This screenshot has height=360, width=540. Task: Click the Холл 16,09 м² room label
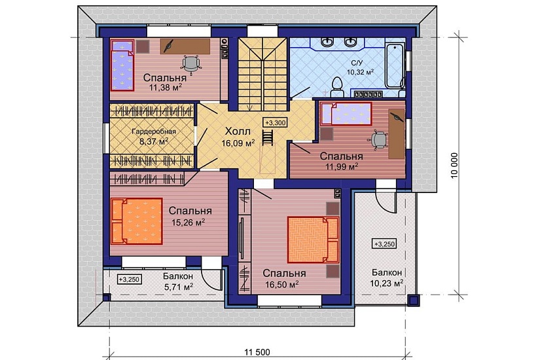tap(238, 137)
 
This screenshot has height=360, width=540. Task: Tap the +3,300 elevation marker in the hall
tap(276, 122)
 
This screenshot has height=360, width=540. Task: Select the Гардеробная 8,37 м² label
tap(154, 136)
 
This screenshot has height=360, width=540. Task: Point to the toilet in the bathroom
tap(336, 88)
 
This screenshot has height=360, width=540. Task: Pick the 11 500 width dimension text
tap(257, 352)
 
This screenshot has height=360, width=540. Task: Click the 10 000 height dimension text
tap(455, 165)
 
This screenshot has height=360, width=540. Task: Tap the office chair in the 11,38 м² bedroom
tap(190, 64)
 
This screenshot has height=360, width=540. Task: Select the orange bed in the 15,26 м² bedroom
tap(137, 221)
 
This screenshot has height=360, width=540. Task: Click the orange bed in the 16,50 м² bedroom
tap(314, 240)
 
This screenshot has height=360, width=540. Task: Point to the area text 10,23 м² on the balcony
tap(387, 283)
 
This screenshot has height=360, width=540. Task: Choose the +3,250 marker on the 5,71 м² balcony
tap(129, 279)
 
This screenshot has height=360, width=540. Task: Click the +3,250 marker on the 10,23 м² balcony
tap(384, 244)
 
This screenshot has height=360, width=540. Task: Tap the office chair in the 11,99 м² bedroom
tap(378, 140)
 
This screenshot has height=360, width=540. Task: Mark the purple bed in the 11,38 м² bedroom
tap(122, 65)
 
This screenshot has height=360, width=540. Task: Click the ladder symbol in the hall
tap(267, 138)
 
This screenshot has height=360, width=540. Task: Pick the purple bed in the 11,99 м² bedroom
tap(346, 113)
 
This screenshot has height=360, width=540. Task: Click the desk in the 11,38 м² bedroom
tap(185, 46)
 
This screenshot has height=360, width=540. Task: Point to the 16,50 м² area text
tap(281, 285)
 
